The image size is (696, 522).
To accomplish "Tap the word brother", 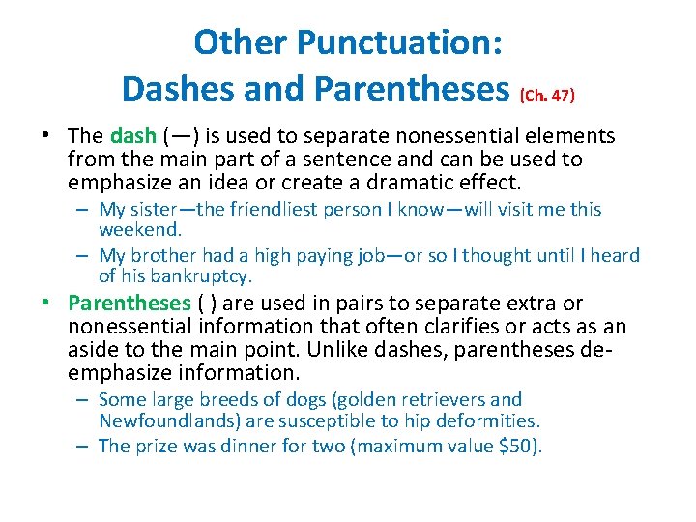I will click(x=163, y=255).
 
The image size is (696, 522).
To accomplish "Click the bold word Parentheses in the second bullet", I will click(x=130, y=304).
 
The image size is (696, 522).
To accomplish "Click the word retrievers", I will click(x=443, y=399).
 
